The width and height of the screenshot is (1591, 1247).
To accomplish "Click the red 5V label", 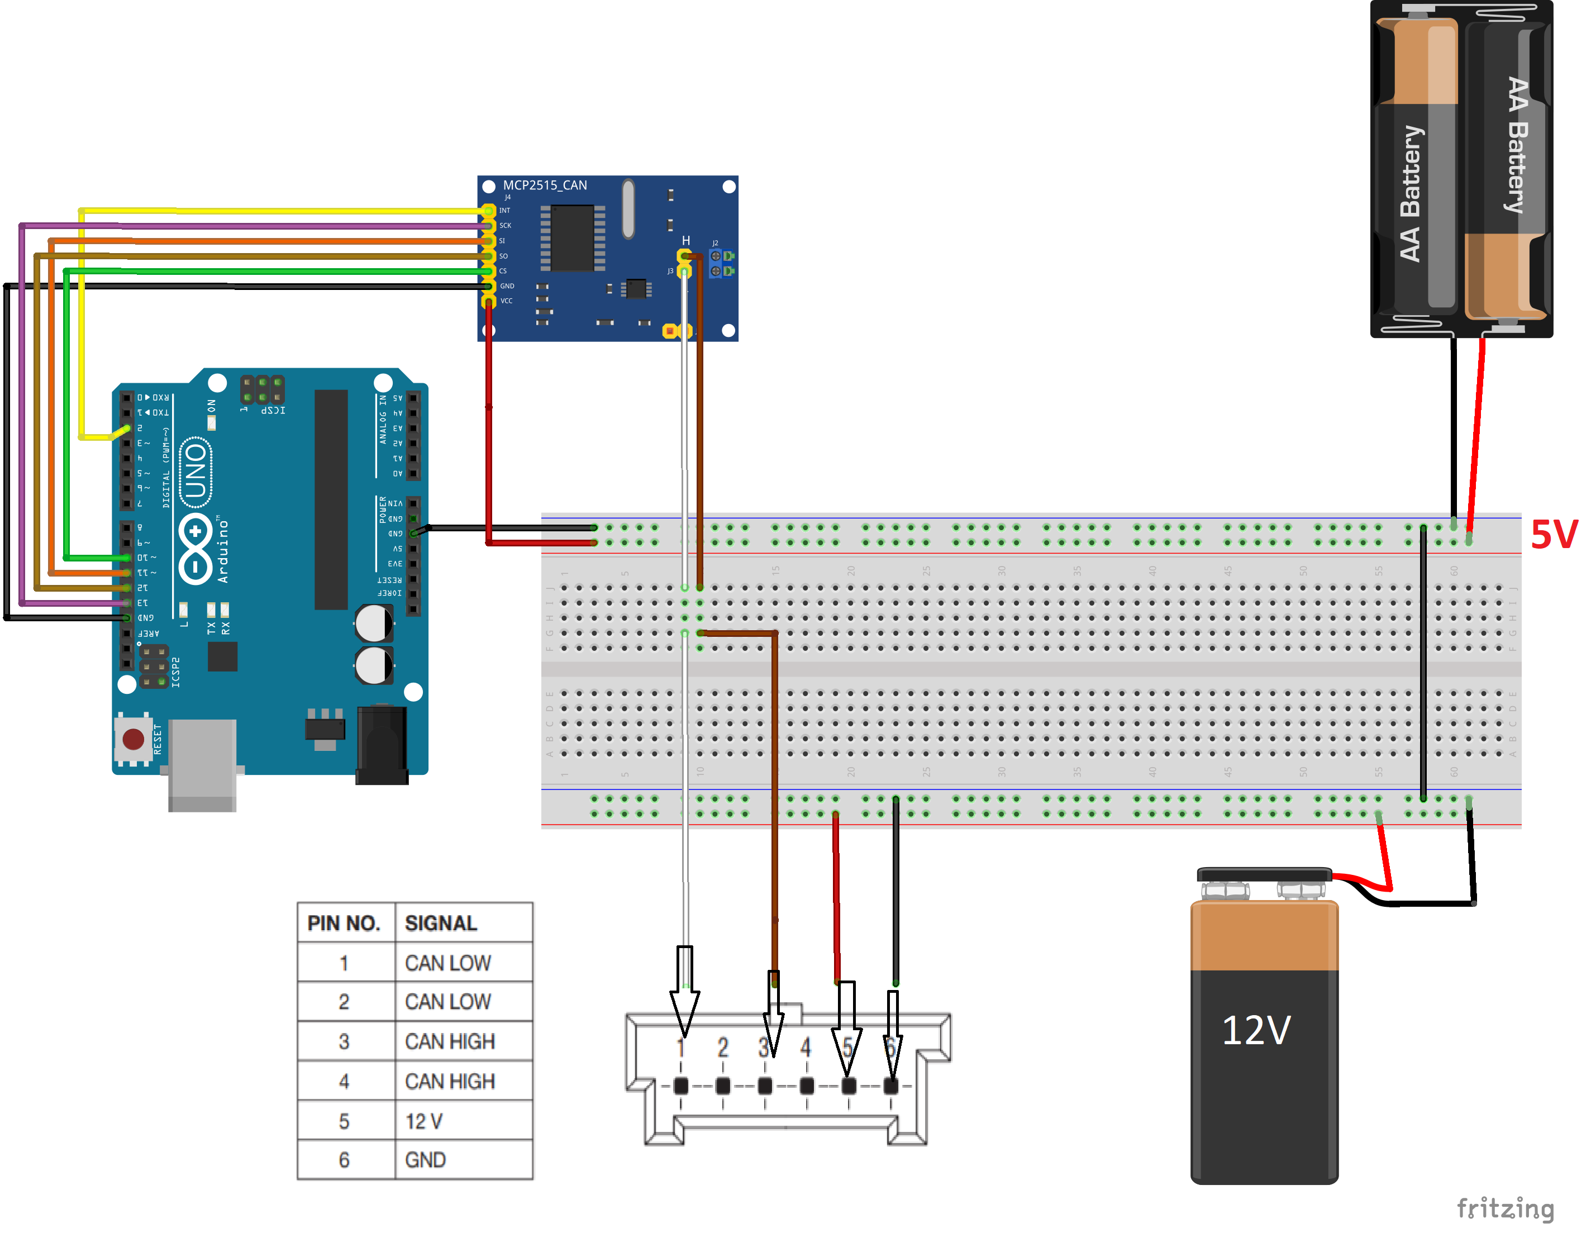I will click(1553, 535).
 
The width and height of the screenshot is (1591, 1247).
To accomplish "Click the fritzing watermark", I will click(1505, 1209).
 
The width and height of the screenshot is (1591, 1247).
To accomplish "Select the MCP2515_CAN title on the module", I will click(545, 185).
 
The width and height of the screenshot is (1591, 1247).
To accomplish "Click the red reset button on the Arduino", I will click(134, 739).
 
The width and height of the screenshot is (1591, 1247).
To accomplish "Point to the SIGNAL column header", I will click(441, 924).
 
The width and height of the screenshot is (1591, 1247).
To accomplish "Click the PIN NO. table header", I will click(344, 924).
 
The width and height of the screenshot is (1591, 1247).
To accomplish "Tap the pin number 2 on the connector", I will click(722, 1048).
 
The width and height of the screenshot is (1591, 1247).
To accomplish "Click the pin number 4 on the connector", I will click(806, 1048).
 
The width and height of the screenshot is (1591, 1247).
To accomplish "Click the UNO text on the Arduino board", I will click(196, 472).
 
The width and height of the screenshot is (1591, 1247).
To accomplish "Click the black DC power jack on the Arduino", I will click(381, 745).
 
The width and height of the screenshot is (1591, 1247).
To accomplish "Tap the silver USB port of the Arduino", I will click(202, 763).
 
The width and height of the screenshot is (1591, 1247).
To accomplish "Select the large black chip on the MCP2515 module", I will click(572, 238).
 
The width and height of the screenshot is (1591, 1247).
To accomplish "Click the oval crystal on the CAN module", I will click(628, 209).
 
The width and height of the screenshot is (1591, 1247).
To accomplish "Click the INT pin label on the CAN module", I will click(505, 210).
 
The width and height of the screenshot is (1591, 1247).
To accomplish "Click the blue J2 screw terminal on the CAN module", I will click(721, 264).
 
